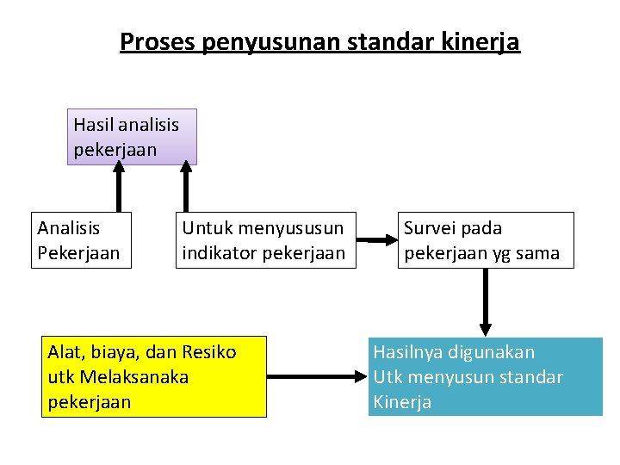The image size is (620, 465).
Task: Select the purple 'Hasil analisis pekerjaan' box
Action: coord(132,137)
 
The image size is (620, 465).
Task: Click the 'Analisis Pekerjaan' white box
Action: coord(81,240)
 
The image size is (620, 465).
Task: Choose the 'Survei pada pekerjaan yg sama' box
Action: coord(485,240)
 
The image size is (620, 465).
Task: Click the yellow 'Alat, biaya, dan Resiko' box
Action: coord(154,377)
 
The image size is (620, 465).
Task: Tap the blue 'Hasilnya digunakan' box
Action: coord(485,377)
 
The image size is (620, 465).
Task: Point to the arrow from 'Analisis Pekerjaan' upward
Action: coord(119,188)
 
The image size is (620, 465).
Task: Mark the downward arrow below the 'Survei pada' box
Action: coord(486,302)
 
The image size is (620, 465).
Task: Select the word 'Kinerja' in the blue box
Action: coord(402,402)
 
